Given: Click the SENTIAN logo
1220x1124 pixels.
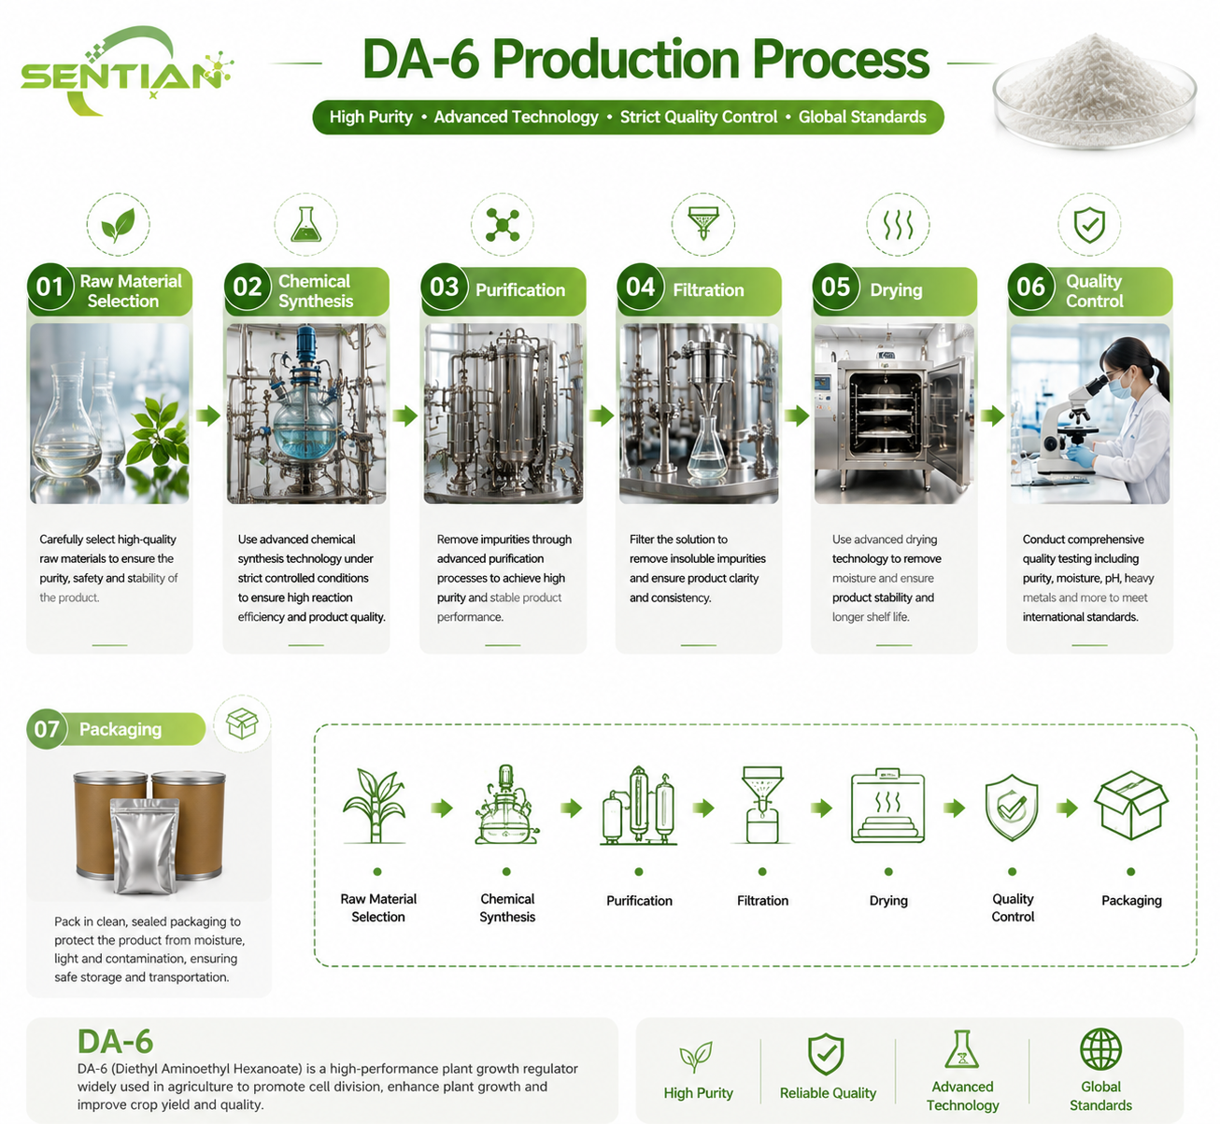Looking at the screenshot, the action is click(x=126, y=71).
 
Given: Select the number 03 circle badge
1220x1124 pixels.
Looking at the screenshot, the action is click(x=444, y=287).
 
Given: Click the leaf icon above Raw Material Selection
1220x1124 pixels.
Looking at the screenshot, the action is click(x=118, y=225).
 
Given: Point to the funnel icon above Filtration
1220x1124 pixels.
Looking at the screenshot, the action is click(x=703, y=223).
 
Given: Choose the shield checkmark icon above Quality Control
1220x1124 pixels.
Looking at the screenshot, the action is click(x=1089, y=225).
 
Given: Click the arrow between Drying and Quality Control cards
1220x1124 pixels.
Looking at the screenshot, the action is click(x=991, y=415).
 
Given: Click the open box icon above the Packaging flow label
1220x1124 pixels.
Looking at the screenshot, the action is click(x=1131, y=806).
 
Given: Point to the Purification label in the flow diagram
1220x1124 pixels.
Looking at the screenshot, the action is click(x=639, y=901).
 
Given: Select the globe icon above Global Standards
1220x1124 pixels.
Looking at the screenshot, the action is click(x=1100, y=1049).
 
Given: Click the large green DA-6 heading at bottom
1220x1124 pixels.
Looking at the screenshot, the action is click(x=116, y=1041).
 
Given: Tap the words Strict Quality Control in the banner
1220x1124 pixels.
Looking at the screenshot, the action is click(x=699, y=117).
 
